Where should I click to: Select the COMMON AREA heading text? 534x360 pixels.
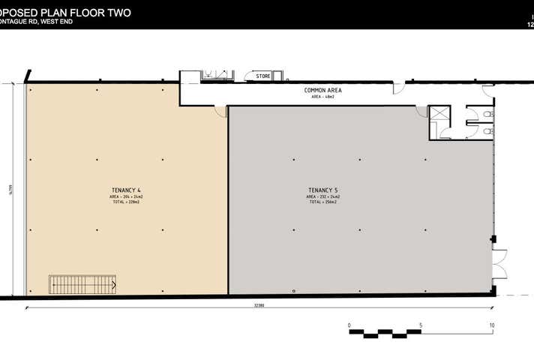[x=322, y=90]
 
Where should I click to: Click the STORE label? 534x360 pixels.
[x=262, y=76]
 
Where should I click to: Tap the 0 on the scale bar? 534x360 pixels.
[x=349, y=325]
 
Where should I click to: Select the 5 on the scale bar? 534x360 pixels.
[x=421, y=325]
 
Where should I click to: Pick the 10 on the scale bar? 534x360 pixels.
[x=492, y=325]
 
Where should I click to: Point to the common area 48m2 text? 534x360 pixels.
[x=322, y=97]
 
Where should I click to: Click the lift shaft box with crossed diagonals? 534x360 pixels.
[x=439, y=114]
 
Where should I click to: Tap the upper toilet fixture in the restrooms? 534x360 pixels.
[x=488, y=114]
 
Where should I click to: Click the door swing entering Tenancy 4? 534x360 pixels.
[x=221, y=110]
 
